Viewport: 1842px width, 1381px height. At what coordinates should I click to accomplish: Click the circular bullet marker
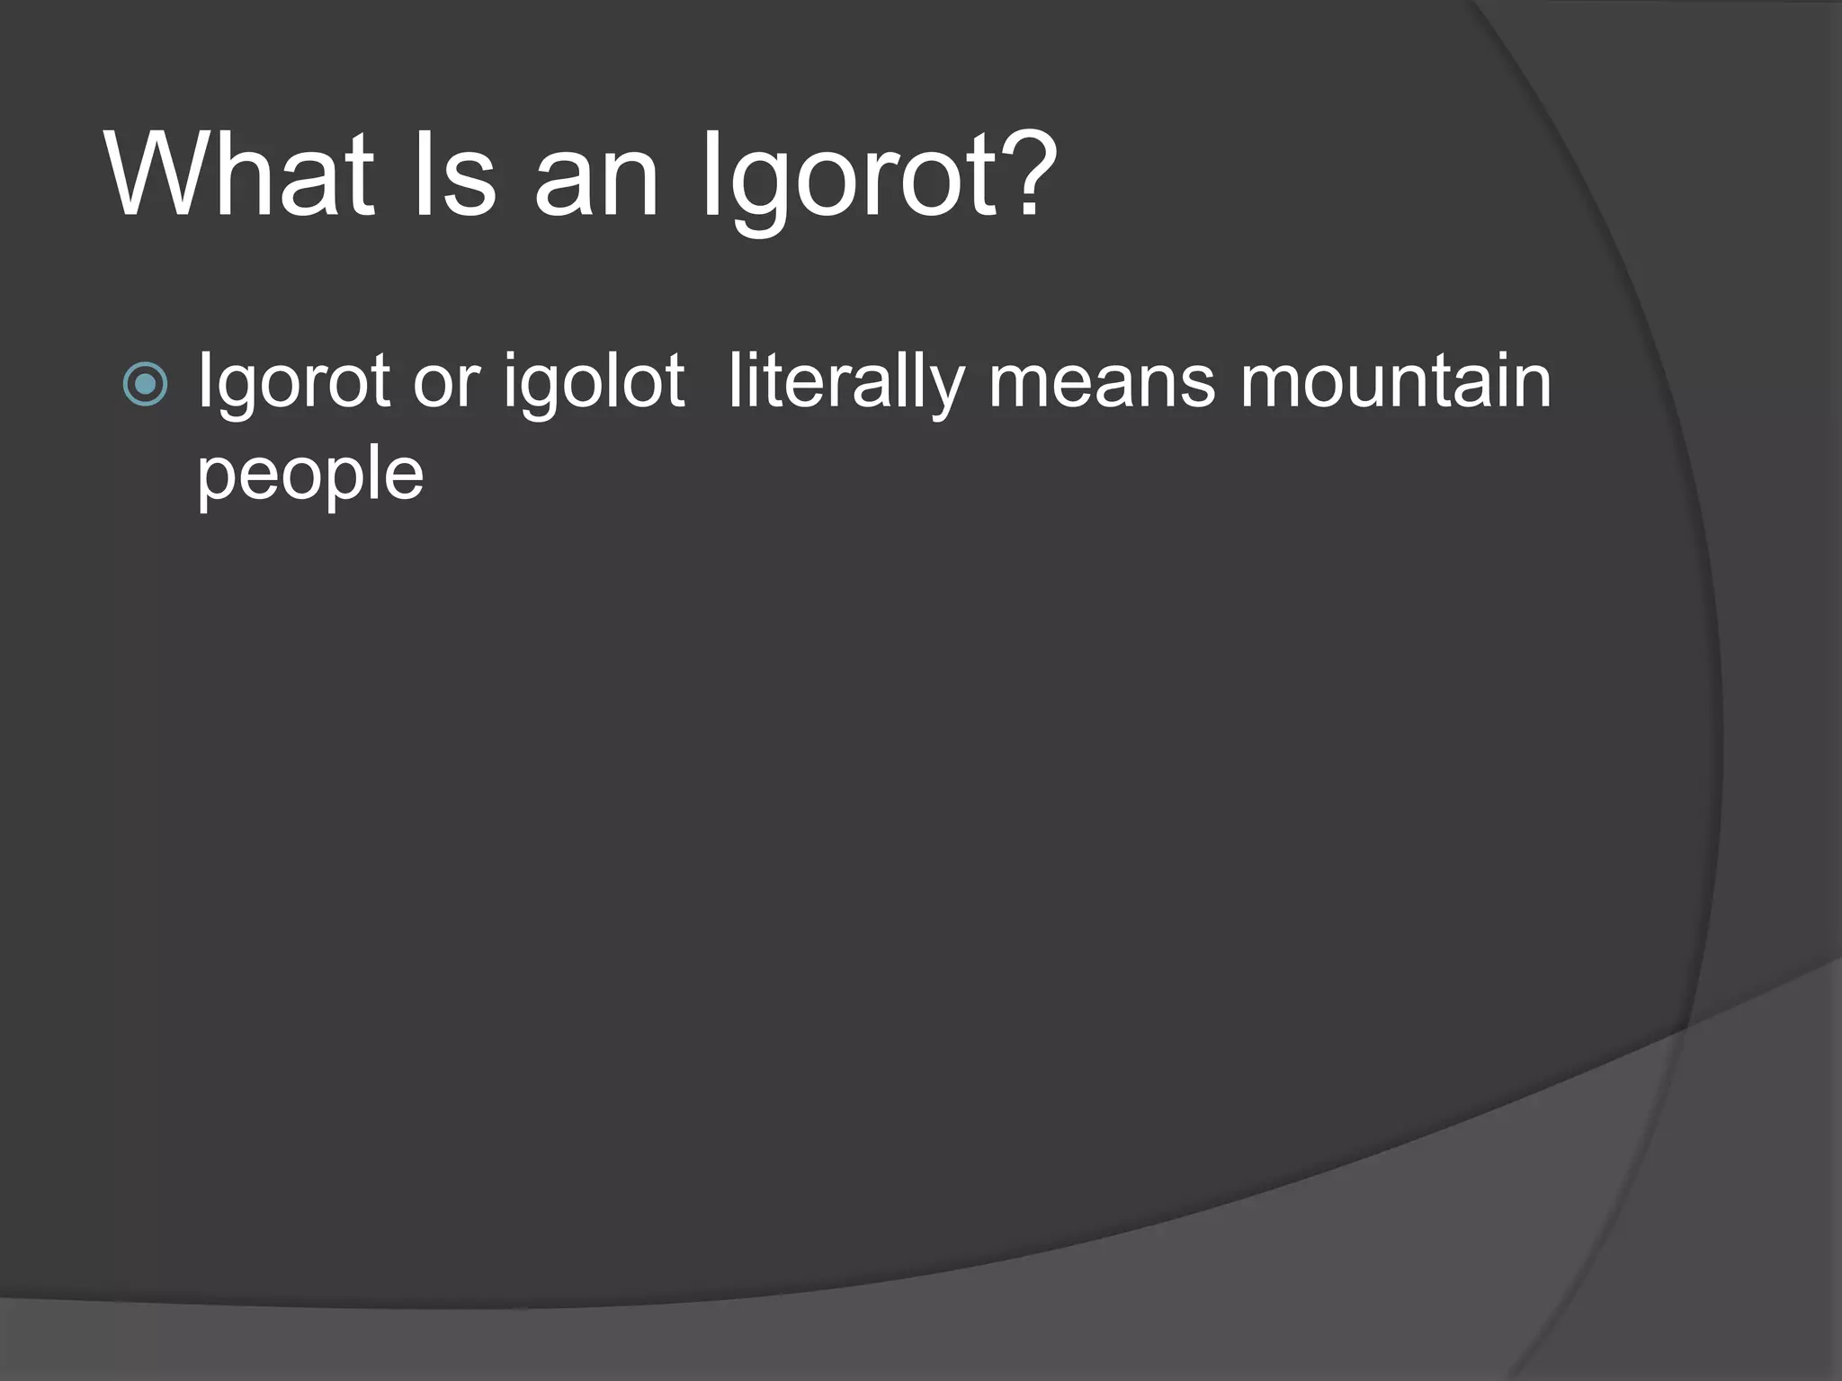(145, 384)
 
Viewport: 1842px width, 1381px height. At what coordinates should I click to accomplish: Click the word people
(309, 477)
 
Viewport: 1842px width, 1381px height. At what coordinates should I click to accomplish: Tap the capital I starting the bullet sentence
(203, 381)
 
